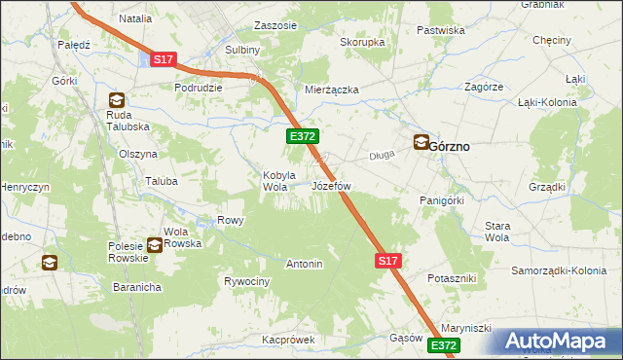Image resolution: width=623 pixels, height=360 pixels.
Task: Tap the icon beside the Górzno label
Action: [x=421, y=142]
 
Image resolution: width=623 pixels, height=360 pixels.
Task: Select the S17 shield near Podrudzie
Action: [x=163, y=60]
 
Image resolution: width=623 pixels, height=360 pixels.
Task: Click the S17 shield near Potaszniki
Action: [x=387, y=261]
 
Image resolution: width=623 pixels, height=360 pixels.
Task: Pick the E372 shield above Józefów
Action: [x=300, y=138]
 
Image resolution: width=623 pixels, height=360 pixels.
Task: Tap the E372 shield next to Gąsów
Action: [x=443, y=345]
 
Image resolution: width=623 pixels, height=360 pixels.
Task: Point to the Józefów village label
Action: [x=331, y=185]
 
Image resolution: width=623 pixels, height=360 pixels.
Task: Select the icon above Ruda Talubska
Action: [x=117, y=99]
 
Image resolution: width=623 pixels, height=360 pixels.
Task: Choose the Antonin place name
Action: [x=304, y=264]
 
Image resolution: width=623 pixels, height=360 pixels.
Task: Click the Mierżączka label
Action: [x=332, y=90]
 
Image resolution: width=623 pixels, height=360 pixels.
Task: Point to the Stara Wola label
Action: [x=497, y=232]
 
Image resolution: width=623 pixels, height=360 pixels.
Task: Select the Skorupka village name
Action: [x=362, y=43]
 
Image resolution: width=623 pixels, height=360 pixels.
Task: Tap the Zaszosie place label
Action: [x=275, y=25]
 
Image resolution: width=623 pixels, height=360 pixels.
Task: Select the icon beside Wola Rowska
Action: [x=154, y=245]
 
